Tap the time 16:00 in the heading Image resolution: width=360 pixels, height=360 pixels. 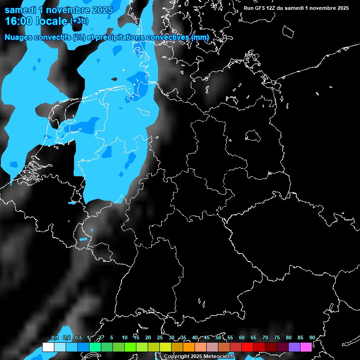tap(19, 21)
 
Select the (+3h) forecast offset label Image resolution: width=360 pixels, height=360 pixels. tap(79, 21)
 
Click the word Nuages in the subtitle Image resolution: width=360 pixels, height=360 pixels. tap(18, 37)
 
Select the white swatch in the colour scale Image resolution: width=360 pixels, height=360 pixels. tap(48, 347)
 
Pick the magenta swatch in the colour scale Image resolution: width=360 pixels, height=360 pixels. tap(306, 347)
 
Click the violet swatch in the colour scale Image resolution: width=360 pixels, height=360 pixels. tap(294, 347)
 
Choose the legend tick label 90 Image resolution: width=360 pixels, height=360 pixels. tap(312, 337)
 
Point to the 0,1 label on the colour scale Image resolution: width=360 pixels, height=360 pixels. tap(54, 337)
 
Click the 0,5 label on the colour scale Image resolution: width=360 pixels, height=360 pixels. tap(78, 337)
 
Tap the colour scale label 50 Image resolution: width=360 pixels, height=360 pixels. tap(218, 337)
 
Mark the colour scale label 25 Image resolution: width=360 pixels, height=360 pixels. tap(160, 337)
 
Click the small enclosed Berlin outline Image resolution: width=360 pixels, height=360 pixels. tap(253, 136)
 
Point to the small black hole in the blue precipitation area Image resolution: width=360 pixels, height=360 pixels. tap(114, 79)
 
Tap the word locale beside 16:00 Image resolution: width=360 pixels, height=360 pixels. tap(51, 21)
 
